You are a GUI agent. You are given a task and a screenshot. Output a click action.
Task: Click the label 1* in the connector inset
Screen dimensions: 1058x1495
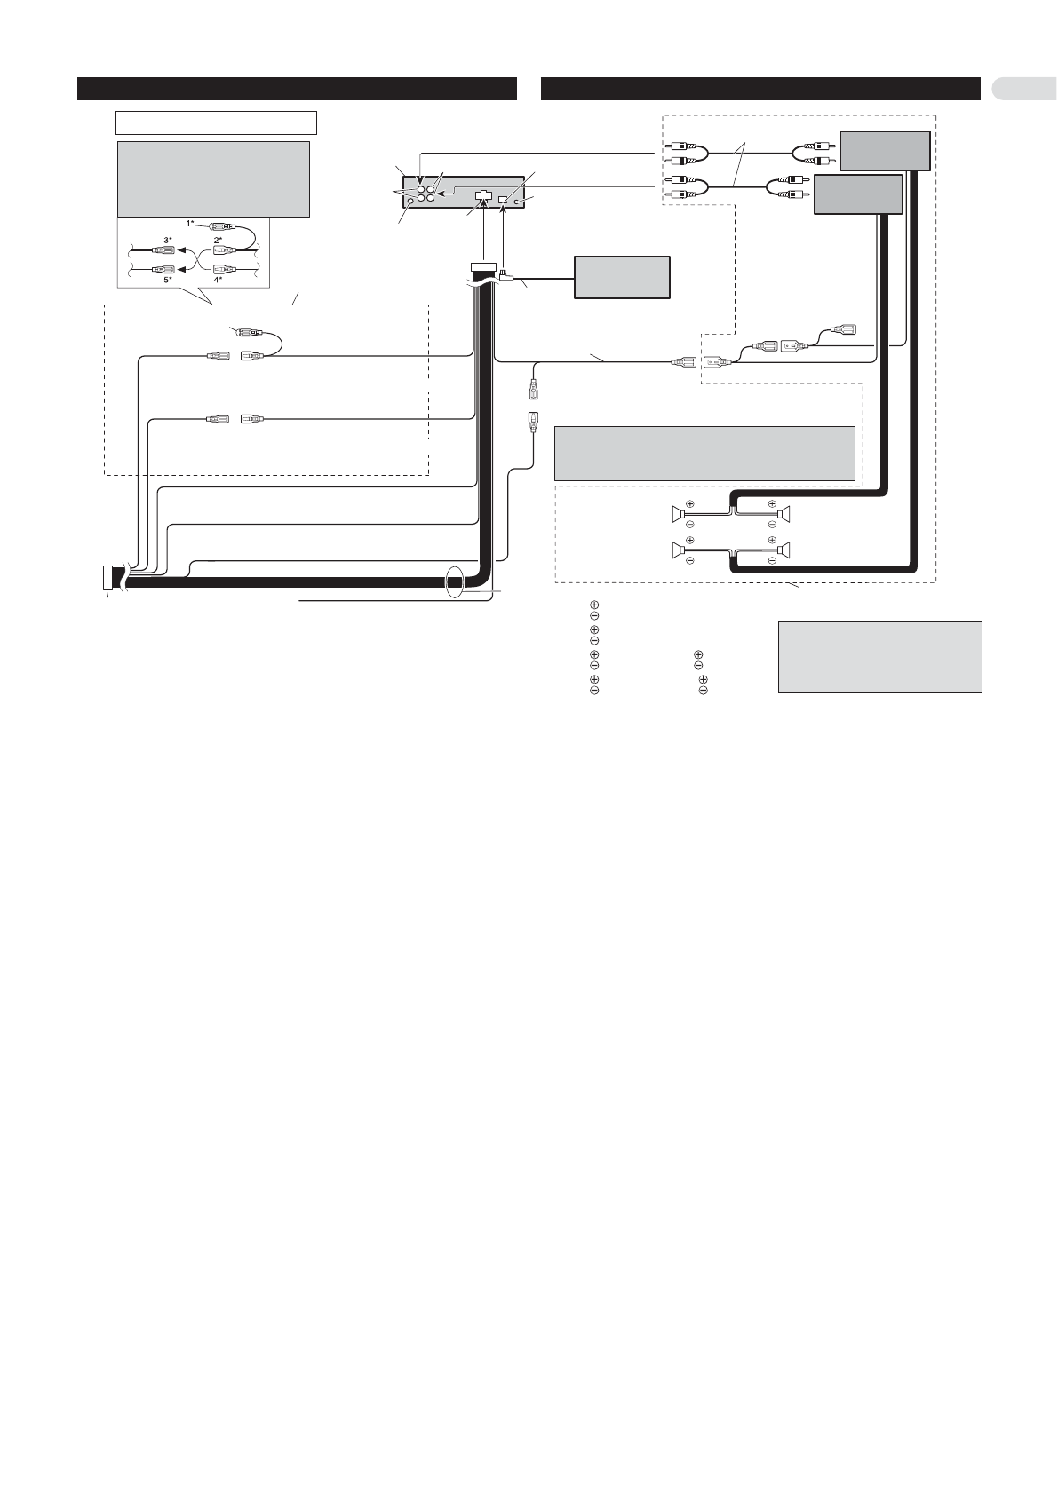point(190,224)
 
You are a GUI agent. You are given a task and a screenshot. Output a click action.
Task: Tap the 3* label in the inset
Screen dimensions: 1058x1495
point(168,240)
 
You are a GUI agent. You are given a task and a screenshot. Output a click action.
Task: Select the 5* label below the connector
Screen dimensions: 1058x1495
point(168,281)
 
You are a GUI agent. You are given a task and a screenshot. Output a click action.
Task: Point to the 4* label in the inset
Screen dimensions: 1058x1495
point(218,281)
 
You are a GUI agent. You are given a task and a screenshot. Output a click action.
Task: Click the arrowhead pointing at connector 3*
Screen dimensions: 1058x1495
point(180,251)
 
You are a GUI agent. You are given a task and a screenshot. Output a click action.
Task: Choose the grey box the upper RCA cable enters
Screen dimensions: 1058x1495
point(885,151)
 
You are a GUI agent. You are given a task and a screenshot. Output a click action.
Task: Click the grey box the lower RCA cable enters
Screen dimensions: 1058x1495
point(858,194)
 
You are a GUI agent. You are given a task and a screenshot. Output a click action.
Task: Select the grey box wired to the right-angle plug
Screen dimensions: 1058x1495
point(622,277)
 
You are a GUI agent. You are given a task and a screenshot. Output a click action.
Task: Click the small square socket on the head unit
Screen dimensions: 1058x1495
point(503,199)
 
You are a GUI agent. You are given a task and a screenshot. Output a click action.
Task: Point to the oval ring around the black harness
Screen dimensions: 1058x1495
point(454,581)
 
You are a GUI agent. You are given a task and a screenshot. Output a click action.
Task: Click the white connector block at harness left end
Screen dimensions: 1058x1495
point(107,577)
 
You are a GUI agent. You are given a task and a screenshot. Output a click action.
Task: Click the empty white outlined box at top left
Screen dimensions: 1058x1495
point(216,123)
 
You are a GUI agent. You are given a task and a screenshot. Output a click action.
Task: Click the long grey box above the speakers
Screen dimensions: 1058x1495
point(704,453)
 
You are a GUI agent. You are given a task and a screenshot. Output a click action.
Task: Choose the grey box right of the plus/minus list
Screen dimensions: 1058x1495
point(879,658)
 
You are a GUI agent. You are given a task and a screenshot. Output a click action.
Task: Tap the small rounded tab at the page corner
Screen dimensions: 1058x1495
point(1024,89)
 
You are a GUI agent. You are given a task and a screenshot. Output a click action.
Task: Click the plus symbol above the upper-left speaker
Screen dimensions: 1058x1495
point(690,503)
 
